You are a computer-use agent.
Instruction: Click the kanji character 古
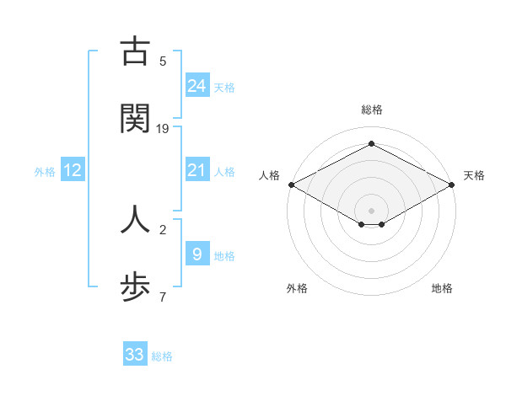[135, 52]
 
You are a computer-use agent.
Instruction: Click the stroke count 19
[163, 128]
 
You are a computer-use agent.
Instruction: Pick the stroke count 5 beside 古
[163, 62]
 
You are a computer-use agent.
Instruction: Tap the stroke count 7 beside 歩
[163, 297]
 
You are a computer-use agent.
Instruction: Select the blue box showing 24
[196, 85]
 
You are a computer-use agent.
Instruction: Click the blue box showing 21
[196, 170]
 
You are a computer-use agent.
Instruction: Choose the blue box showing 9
[196, 254]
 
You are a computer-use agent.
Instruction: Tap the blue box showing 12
[73, 170]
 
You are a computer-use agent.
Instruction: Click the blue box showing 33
[135, 355]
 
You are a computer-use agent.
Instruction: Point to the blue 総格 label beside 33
[162, 356]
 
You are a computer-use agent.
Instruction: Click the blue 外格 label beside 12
[45, 172]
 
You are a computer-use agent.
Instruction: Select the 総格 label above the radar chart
[371, 110]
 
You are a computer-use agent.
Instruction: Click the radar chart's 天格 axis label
[474, 175]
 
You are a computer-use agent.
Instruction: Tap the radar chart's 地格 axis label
[442, 288]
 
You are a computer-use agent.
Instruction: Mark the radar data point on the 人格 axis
[291, 185]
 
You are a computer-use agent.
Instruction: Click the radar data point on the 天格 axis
[453, 185]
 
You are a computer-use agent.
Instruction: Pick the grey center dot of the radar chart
[371, 210]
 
